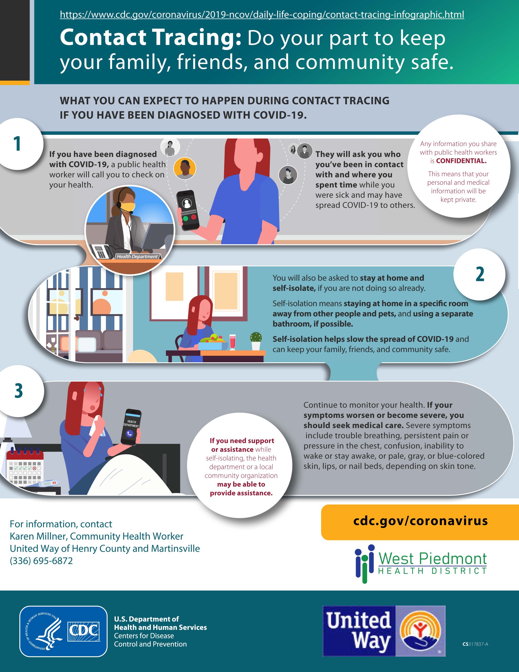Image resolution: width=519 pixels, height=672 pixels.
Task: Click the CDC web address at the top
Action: pyautogui.click(x=262, y=14)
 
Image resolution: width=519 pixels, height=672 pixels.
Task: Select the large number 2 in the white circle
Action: pyautogui.click(x=480, y=274)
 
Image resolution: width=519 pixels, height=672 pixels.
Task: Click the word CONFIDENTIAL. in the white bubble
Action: pyautogui.click(x=461, y=161)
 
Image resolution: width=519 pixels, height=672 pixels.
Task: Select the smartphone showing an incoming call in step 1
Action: pyautogui.click(x=188, y=211)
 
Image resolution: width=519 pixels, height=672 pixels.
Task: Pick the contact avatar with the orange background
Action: pyautogui.click(x=184, y=168)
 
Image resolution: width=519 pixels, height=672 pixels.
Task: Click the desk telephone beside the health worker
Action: pyautogui.click(x=102, y=252)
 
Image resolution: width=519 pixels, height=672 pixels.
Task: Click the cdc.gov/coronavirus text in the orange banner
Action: pyautogui.click(x=421, y=521)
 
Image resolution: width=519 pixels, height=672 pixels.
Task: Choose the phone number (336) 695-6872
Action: pyautogui.click(x=41, y=561)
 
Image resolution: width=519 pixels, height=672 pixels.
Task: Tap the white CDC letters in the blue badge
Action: pyautogui.click(x=84, y=631)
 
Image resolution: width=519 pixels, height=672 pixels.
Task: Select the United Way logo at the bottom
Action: pyautogui.click(x=384, y=631)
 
